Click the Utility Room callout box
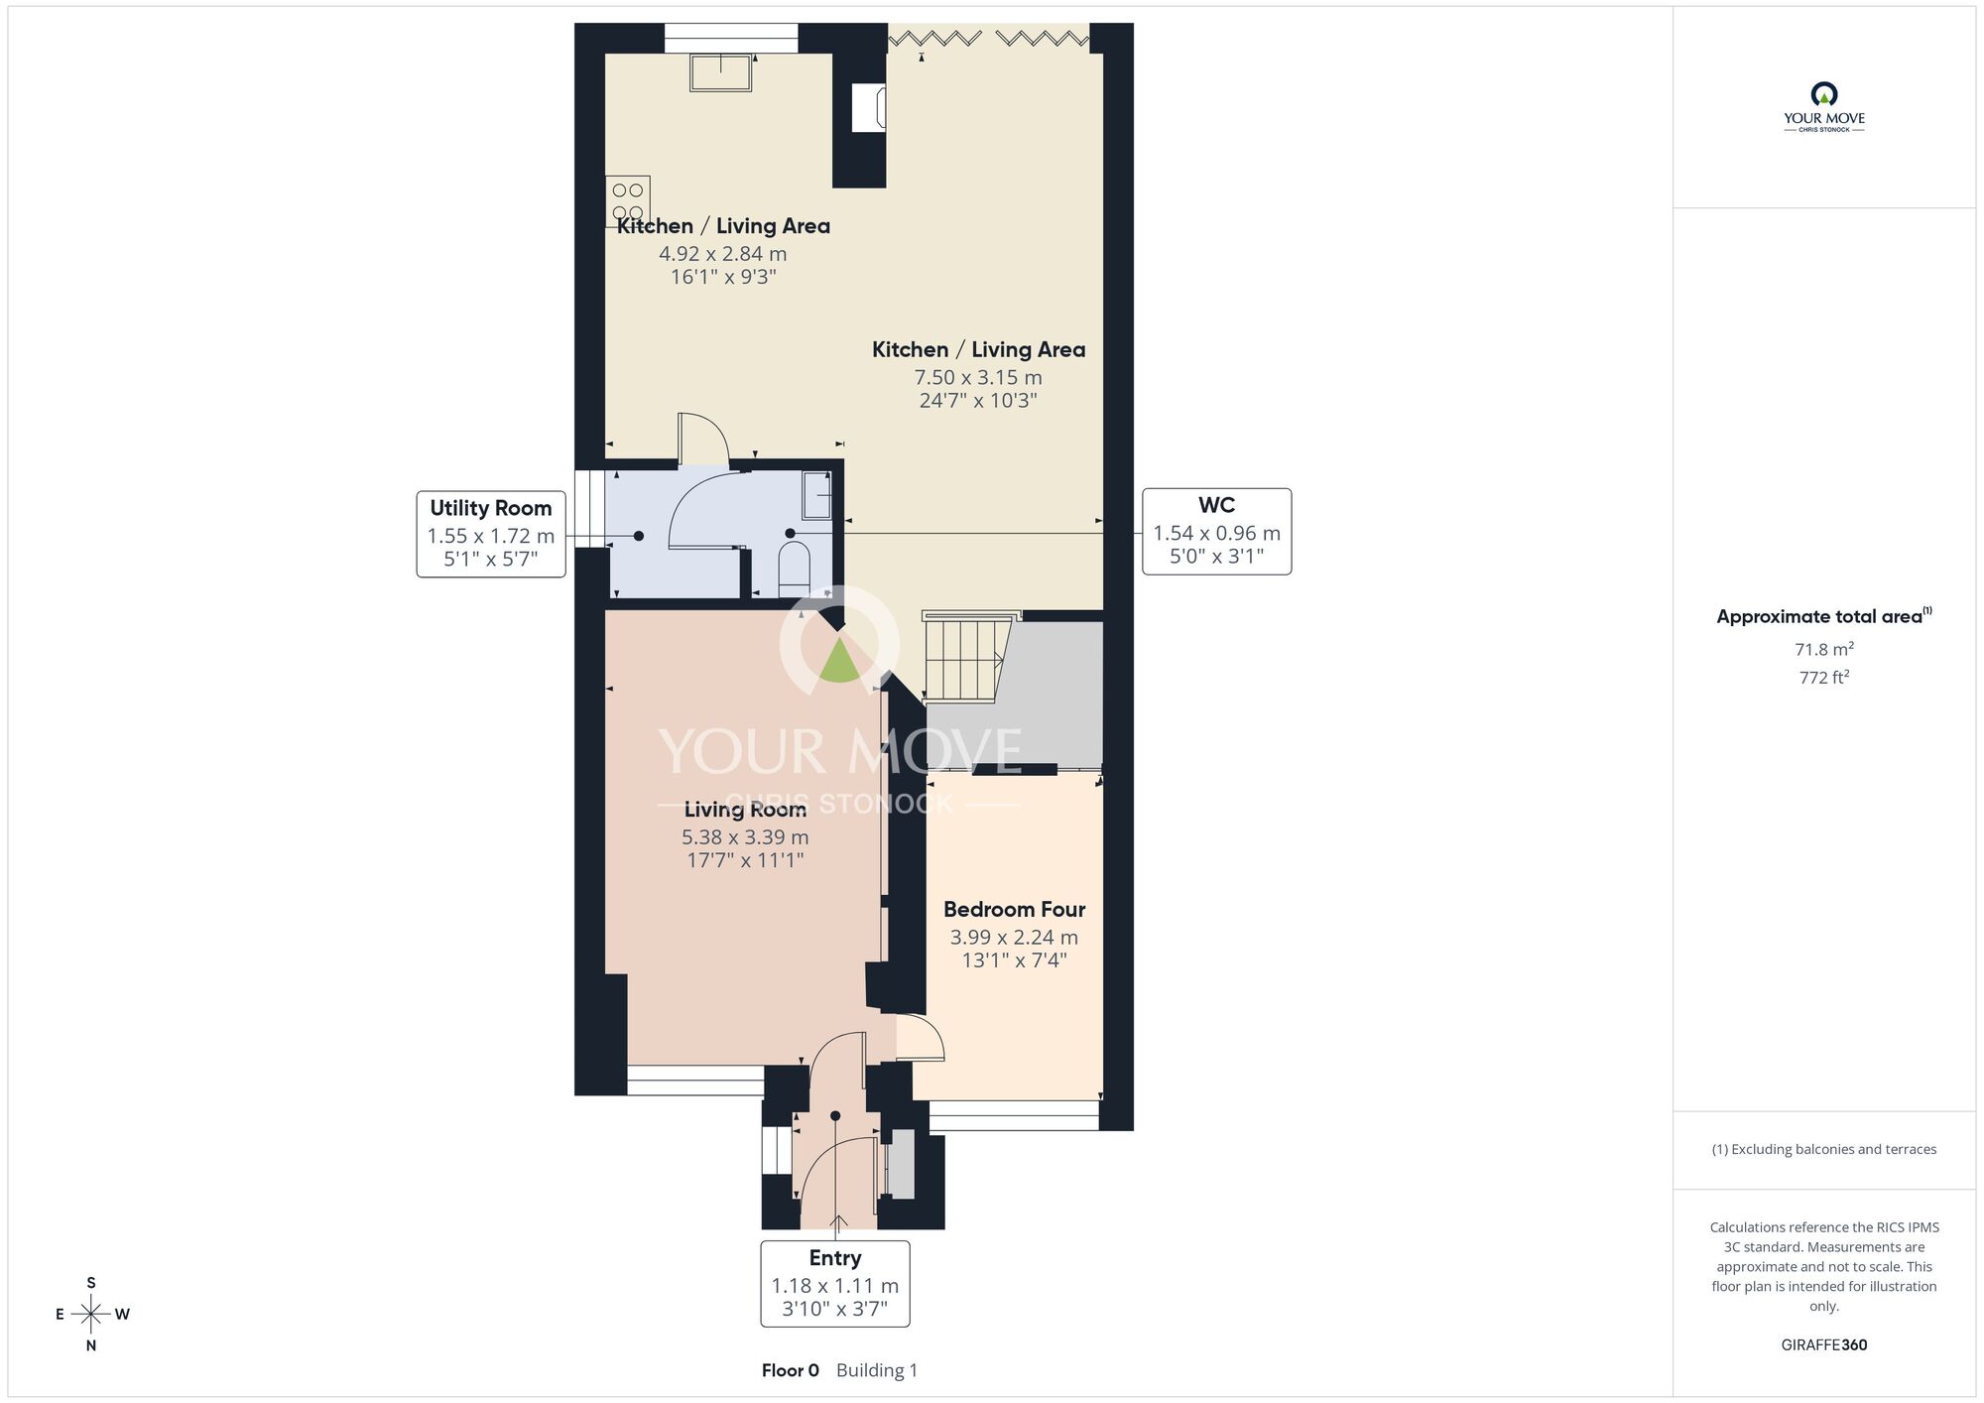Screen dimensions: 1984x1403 pos(491,534)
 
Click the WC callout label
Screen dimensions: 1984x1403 pos(1216,531)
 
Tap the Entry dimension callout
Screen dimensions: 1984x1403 pos(835,1283)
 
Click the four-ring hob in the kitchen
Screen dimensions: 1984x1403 pos(628,201)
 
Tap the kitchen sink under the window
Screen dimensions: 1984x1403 pos(721,73)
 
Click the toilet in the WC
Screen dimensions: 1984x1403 pos(794,567)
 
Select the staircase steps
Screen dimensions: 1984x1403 pos(961,658)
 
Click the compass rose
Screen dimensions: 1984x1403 pos(91,1315)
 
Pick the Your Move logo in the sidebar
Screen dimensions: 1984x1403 pos(1823,107)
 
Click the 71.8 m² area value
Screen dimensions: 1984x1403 pos(1823,649)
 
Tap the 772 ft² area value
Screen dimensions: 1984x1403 pos(1823,677)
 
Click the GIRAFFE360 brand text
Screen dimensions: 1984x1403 pos(1823,1344)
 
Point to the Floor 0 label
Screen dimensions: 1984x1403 pos(791,1370)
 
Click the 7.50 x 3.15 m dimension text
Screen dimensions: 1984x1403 pos(978,377)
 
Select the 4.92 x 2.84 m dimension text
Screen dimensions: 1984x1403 pos(723,254)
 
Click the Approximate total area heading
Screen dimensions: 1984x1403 pos(1823,616)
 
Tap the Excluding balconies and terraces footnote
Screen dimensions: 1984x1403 pos(1823,1149)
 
